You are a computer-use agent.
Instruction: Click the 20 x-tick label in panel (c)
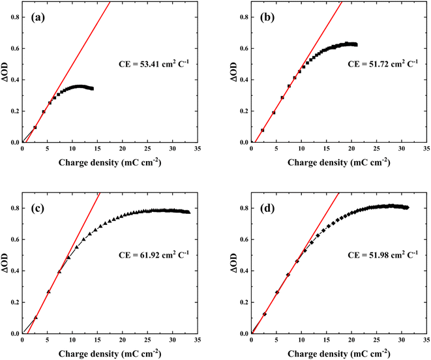(122, 340)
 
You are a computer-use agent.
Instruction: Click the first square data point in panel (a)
(35, 127)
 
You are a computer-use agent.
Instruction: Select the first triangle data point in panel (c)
(36, 318)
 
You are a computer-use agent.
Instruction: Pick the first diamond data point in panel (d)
(264, 314)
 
